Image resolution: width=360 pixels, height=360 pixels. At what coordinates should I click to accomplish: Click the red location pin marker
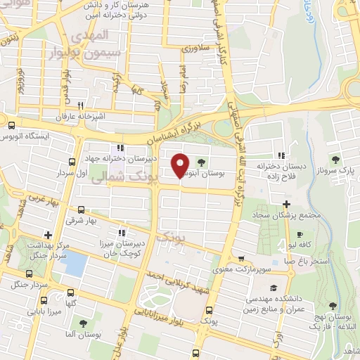click(181, 166)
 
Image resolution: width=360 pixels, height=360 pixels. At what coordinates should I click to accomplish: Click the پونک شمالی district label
click(116, 180)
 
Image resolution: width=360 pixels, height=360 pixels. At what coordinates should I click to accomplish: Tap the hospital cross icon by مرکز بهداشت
click(47, 235)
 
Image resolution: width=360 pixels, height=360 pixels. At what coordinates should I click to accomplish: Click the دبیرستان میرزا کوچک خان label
click(122, 247)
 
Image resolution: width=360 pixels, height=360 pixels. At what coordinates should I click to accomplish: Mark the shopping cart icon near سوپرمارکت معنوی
click(242, 258)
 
